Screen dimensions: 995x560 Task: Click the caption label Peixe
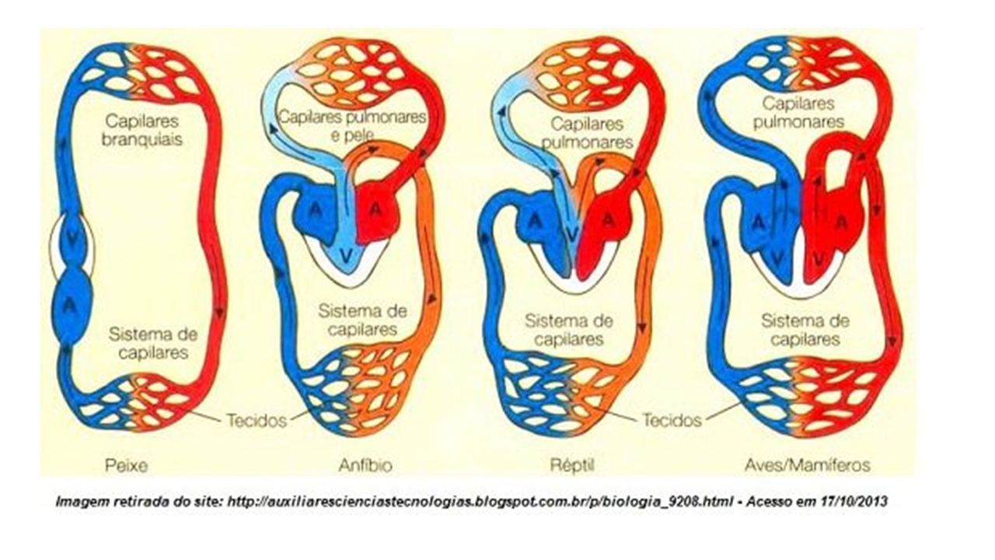click(x=126, y=466)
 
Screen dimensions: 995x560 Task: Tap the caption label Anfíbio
click(x=365, y=465)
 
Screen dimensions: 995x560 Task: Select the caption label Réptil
click(x=572, y=466)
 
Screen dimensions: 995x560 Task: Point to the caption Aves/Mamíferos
click(x=808, y=465)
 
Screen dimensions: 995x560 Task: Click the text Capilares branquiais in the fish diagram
click(x=142, y=130)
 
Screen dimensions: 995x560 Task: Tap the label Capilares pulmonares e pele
click(x=352, y=126)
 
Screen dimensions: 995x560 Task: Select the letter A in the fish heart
click(x=69, y=305)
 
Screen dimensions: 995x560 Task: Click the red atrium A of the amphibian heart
click(x=375, y=209)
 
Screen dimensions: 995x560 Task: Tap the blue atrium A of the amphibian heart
click(x=315, y=209)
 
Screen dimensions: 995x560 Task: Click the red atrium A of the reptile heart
click(x=608, y=219)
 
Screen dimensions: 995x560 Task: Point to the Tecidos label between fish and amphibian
click(x=257, y=420)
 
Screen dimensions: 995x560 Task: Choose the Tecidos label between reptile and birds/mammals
click(x=672, y=419)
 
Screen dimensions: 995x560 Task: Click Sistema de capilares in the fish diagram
click(x=153, y=344)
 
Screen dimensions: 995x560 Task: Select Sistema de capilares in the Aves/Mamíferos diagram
click(x=805, y=331)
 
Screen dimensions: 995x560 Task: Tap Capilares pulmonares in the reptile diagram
click(x=587, y=133)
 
